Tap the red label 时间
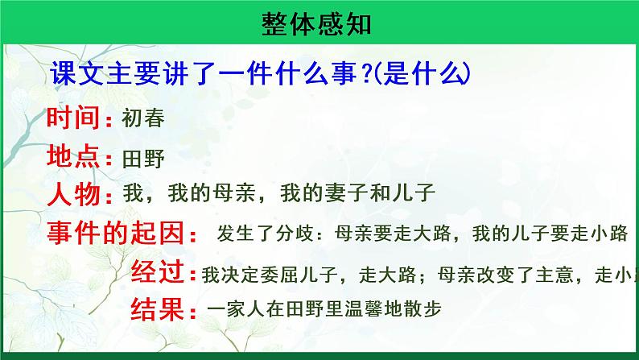pos(74,118)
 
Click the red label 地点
pos(74,156)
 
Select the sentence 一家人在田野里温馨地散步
pos(324,310)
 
